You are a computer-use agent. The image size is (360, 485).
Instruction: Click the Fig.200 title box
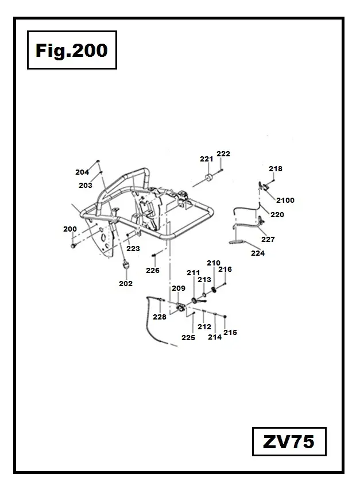[x=71, y=51]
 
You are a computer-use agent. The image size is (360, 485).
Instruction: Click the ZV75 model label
[x=288, y=442]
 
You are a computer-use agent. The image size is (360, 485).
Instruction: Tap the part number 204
[x=82, y=172]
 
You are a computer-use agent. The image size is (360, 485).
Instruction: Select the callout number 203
[x=86, y=185]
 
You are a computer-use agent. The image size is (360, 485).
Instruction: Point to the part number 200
[x=70, y=229]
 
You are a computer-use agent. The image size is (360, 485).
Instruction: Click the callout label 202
[x=126, y=283]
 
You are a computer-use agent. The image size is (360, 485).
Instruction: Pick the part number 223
[x=133, y=249]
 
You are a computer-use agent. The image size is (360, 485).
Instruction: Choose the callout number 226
[x=152, y=270]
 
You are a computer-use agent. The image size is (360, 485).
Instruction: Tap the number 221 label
[x=206, y=159]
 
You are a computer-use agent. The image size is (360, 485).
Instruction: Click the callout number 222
[x=223, y=153]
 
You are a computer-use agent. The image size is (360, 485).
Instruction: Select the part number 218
[x=276, y=169]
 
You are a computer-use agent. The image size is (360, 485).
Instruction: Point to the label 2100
[x=285, y=201]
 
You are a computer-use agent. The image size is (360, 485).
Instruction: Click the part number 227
[x=268, y=239]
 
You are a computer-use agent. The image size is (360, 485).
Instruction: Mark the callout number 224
[x=258, y=253]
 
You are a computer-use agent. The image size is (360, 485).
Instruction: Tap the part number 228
[x=160, y=317]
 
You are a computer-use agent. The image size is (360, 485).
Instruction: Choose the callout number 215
[x=230, y=332]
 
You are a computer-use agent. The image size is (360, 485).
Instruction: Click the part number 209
[x=178, y=288]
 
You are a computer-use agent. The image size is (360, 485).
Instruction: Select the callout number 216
[x=225, y=269]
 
